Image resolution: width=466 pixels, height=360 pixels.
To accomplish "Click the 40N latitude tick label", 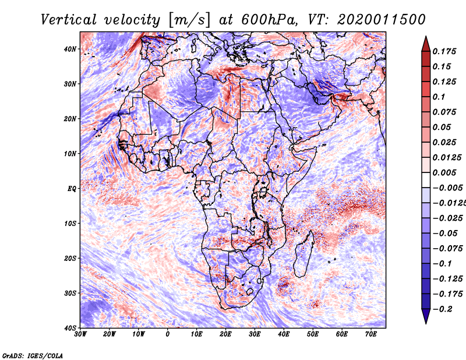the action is point(70,49).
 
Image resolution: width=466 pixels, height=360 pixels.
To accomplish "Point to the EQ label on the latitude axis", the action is point(72,189).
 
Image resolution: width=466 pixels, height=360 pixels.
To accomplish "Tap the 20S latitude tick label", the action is point(70,258).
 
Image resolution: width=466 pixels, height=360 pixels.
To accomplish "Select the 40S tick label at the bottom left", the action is point(70,328).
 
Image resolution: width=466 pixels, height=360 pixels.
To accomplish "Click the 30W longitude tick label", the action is point(80,334).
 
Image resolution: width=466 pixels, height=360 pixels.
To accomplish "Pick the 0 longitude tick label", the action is point(168,334).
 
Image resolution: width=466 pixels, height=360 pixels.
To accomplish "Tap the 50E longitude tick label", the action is point(313,334).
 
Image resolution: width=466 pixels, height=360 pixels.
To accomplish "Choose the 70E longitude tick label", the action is point(370,334).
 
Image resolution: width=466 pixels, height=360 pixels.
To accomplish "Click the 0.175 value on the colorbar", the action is point(444,51).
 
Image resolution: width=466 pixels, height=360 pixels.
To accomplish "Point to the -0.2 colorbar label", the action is point(443,309).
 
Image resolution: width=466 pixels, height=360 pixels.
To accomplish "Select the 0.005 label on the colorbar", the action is point(444,172).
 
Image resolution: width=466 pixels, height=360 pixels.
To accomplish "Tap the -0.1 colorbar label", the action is point(443,264).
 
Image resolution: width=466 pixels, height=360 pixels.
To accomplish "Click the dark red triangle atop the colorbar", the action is point(426,45).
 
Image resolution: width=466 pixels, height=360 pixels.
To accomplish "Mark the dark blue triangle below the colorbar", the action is point(426,316).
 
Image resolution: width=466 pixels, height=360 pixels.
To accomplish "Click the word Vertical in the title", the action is point(69,20).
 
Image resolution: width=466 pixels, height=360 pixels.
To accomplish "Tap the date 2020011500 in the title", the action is point(382,20).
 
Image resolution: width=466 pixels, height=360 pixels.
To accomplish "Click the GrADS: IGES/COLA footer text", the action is point(33,356).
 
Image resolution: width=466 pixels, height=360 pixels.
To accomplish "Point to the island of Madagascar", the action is point(303,255).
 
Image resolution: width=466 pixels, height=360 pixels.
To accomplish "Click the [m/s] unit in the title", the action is point(189,20).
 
